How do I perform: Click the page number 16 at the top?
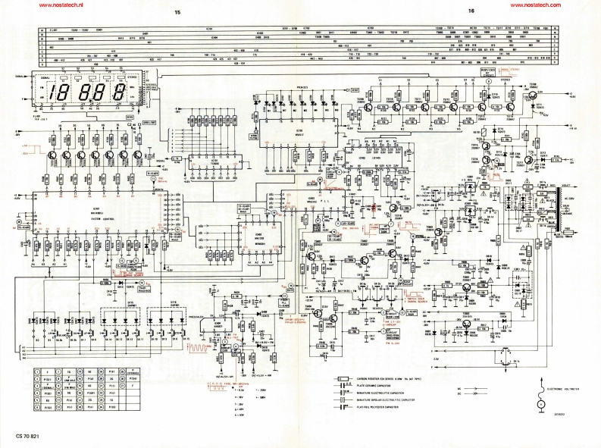[470, 11]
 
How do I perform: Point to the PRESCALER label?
[201, 317]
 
